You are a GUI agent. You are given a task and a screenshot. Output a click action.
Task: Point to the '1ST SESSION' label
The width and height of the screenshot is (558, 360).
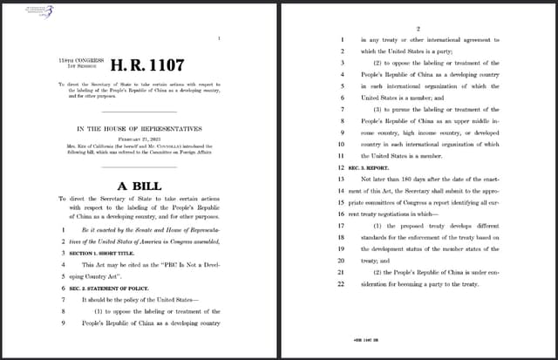tap(76, 65)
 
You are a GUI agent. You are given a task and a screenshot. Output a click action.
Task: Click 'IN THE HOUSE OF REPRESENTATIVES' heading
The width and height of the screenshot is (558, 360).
tap(139, 127)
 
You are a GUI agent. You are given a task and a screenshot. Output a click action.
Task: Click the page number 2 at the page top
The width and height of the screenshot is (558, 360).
tap(418, 29)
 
